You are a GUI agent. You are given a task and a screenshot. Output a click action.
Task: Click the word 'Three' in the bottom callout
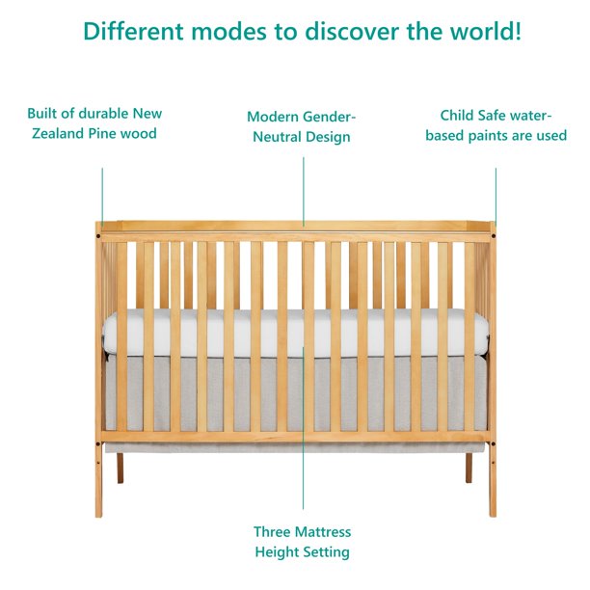click(273, 531)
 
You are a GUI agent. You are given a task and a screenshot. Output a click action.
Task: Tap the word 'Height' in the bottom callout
click(276, 552)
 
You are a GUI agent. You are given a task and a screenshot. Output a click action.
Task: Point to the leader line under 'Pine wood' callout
click(101, 193)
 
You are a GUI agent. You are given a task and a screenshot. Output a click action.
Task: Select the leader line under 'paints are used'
click(496, 193)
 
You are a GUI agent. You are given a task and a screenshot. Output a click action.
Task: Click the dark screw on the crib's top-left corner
click(99, 232)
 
